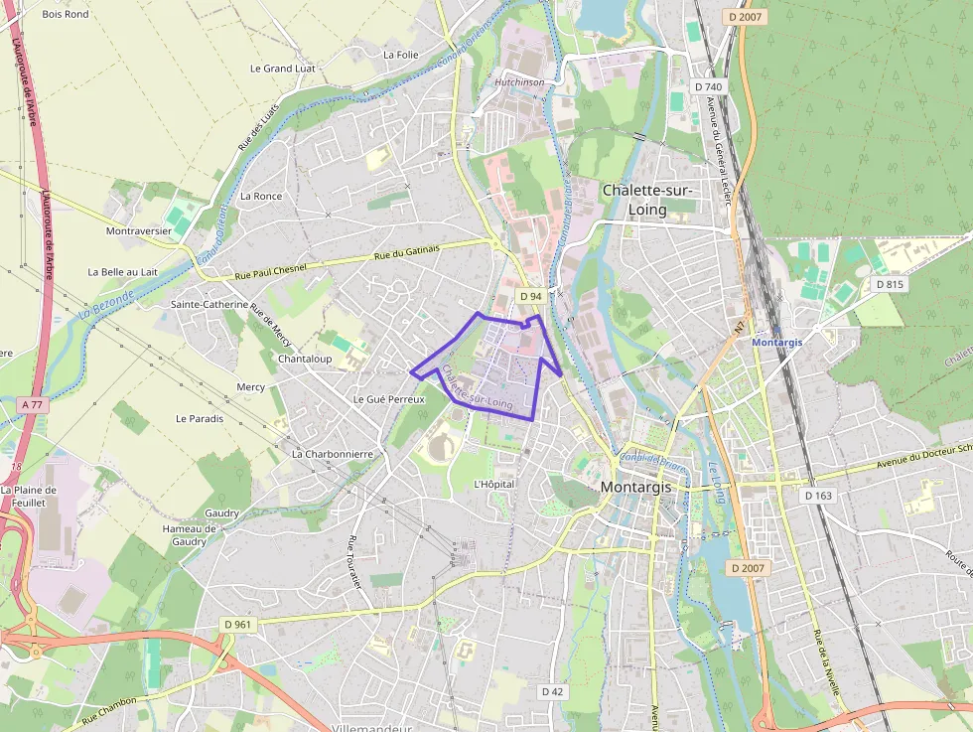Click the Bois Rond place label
66,14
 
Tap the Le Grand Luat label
282,69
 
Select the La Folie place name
400,55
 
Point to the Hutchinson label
519,82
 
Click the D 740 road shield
709,86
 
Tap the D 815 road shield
889,284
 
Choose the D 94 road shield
531,296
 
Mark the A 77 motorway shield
33,404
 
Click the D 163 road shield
818,495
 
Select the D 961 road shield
238,624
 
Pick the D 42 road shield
552,691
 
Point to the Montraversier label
139,230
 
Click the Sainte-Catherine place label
208,304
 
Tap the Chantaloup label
305,359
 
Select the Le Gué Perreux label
388,399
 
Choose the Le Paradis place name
200,418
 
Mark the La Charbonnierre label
332,454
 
